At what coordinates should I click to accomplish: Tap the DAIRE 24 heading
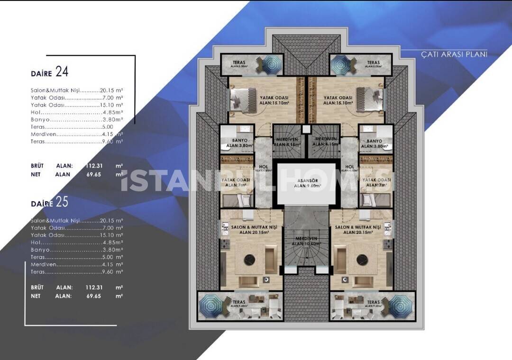[x=50, y=72]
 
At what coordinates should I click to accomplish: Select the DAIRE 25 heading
[x=50, y=202]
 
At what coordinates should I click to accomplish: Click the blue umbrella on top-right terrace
[x=340, y=63]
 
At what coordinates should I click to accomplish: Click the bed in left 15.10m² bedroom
[x=243, y=99]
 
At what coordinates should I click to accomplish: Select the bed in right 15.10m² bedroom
[x=370, y=99]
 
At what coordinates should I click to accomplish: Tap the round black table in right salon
[x=363, y=260]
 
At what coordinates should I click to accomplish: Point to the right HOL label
[x=350, y=167]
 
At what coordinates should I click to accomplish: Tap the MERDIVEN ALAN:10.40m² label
[x=306, y=241]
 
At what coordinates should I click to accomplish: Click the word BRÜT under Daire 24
[x=37, y=166]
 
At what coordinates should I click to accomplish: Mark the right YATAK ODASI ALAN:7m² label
[x=376, y=182]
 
